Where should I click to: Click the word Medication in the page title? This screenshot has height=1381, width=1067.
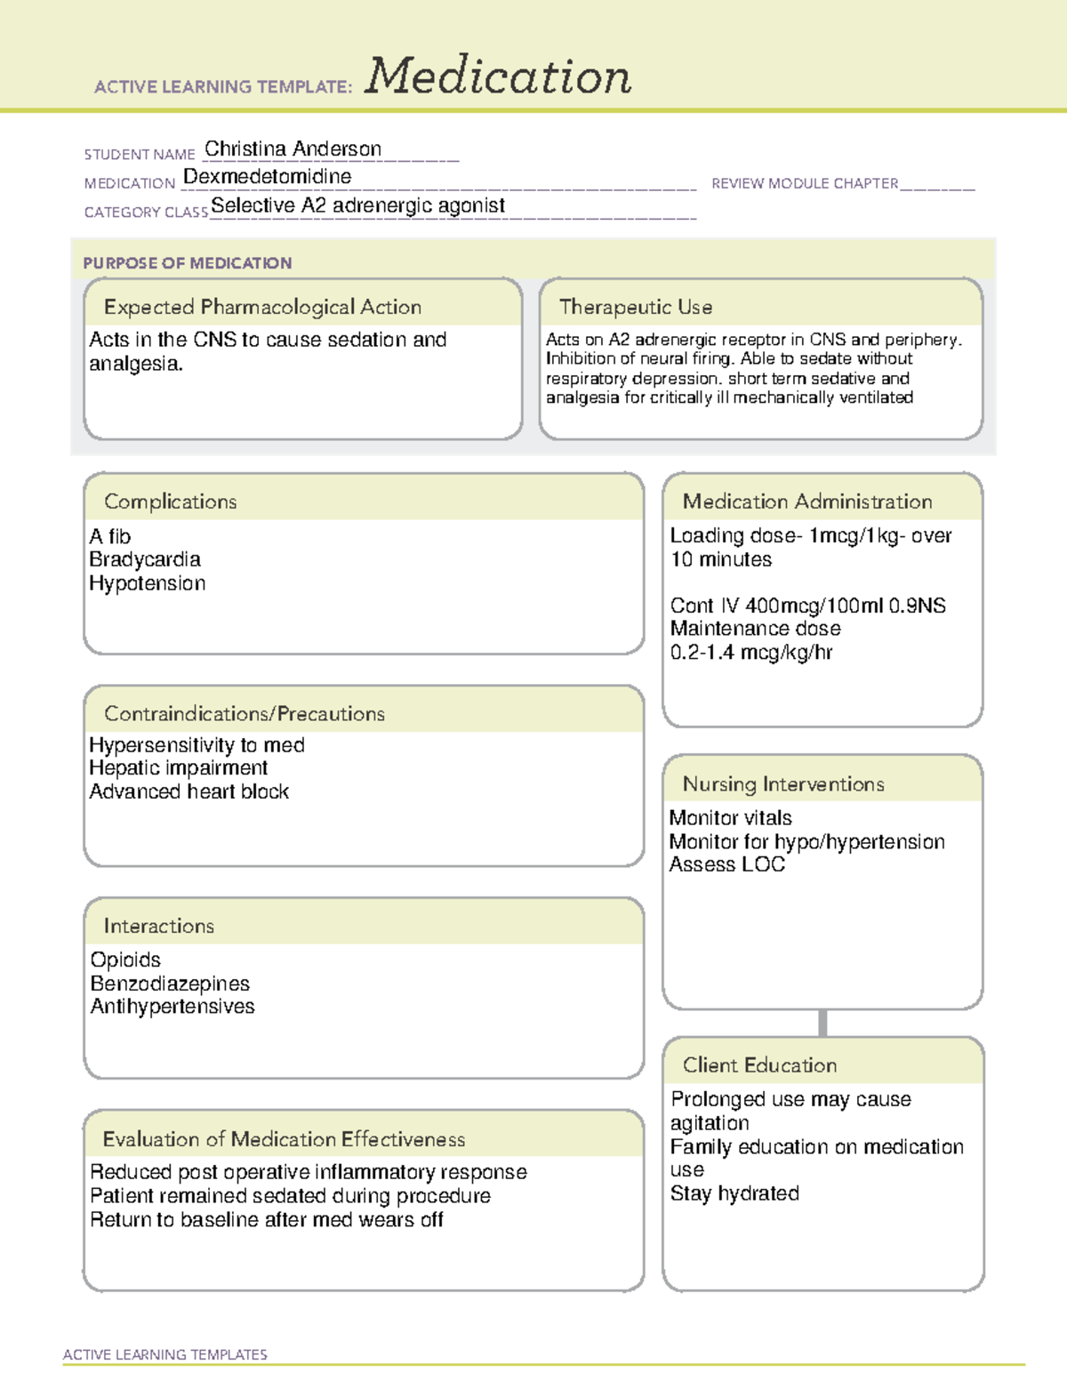[x=498, y=76]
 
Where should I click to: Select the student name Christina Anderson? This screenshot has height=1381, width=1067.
[x=293, y=149]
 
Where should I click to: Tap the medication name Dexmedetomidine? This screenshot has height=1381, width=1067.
[x=267, y=177]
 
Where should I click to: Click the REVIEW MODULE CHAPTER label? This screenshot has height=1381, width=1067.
[x=805, y=183]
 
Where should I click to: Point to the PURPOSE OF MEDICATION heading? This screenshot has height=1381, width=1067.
[x=187, y=263]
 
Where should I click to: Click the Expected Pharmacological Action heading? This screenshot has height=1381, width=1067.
[x=262, y=307]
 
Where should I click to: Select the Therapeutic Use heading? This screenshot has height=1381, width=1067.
[x=635, y=307]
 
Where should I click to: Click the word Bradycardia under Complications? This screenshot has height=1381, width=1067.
[x=145, y=559]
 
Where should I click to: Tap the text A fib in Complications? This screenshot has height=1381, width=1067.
[x=109, y=536]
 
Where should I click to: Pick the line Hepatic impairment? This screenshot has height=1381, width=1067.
[x=178, y=767]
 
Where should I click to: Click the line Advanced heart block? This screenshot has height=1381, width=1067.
[x=189, y=791]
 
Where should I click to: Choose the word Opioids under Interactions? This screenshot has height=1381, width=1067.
[x=125, y=959]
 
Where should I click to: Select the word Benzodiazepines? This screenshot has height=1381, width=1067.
[x=170, y=984]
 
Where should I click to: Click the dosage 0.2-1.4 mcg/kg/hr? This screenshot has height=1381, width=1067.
[x=751, y=652]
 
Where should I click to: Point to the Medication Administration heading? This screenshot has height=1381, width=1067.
[x=806, y=502]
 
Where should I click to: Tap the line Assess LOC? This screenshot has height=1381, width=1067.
[x=726, y=864]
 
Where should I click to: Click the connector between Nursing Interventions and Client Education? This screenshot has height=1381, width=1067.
[x=822, y=1023]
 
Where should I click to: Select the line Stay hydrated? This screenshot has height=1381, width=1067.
[x=734, y=1193]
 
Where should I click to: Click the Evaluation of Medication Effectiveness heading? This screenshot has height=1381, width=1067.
[x=284, y=1139]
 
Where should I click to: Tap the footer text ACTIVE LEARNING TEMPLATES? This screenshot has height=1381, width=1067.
[x=165, y=1354]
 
